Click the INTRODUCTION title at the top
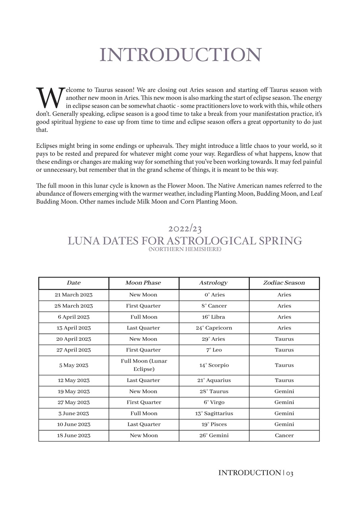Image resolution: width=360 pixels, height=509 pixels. pos(180,55)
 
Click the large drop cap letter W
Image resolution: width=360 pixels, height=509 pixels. pos(50,98)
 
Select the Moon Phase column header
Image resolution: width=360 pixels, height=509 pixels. pos(143,283)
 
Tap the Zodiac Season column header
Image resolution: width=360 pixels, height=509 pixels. pos(284,283)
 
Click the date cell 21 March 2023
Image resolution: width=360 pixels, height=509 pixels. pos(74,295)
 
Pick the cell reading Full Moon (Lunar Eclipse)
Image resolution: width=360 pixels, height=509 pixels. pos(144,365)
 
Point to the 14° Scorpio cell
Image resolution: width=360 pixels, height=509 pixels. pos(214,365)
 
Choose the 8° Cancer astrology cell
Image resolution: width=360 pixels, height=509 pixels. pos(214,306)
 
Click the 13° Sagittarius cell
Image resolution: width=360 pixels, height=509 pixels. pos(214,413)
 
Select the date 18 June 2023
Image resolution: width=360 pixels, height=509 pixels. pos(74,435)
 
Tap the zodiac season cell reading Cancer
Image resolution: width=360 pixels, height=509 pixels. pos(284,435)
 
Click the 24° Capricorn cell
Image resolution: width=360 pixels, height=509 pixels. pos(214,328)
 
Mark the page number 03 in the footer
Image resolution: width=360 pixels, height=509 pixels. pos(290,473)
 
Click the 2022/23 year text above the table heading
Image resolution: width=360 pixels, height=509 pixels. pos(185,229)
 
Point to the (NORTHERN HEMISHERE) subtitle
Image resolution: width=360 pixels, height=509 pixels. pos(185,249)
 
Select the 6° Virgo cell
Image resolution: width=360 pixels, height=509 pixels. pos(214,402)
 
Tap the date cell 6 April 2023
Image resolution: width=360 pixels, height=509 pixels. pos(74,317)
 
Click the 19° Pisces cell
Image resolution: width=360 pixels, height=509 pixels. pos(214,424)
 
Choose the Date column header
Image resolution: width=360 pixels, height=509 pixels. pos(74,283)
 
